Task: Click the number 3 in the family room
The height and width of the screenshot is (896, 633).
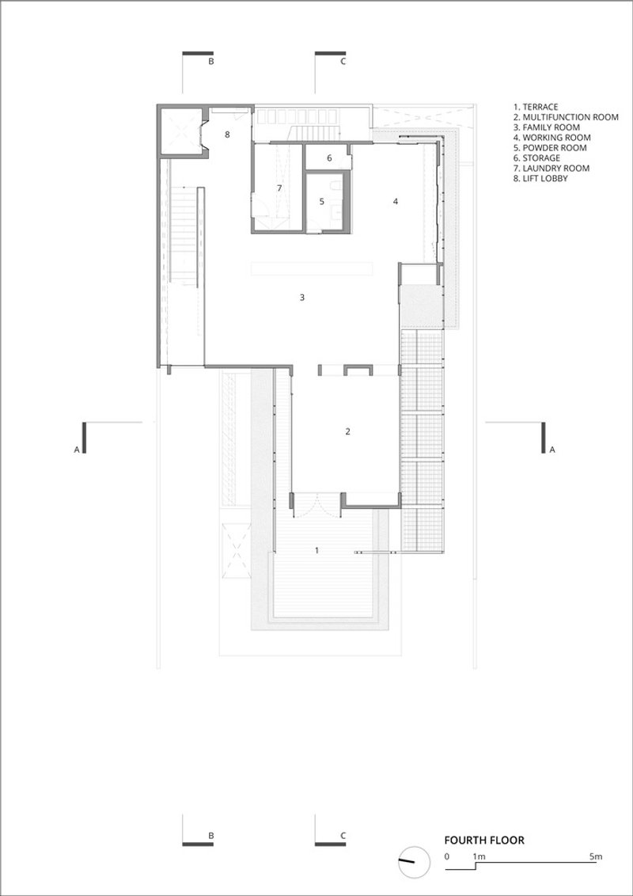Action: (x=302, y=297)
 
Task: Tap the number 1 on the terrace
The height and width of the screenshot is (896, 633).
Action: (x=317, y=550)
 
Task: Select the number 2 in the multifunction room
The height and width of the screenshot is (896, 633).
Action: (x=347, y=431)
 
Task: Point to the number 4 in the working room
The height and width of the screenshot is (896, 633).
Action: (x=396, y=201)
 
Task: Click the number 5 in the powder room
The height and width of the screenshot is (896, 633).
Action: (x=321, y=201)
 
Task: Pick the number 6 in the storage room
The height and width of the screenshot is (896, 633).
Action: (x=329, y=158)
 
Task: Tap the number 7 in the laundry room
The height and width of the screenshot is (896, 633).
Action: (x=279, y=188)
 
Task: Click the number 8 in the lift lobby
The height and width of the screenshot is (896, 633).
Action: (x=227, y=135)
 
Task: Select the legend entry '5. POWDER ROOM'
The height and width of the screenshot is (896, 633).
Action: (x=550, y=148)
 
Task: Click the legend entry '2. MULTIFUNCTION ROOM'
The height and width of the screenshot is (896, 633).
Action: (x=567, y=117)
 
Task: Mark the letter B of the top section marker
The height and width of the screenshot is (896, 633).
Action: (x=210, y=62)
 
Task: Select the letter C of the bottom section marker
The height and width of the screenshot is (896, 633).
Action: (x=343, y=835)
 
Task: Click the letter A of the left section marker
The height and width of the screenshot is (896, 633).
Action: (x=77, y=450)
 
